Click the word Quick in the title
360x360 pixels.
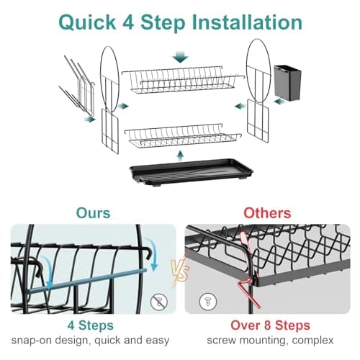87,23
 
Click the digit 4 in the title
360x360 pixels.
128,22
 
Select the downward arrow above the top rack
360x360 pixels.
180,57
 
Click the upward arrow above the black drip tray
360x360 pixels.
181,155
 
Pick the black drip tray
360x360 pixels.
191,172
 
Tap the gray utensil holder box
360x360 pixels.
287,82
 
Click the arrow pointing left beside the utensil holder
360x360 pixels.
280,102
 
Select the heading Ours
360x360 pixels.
93,213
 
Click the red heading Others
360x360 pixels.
267,213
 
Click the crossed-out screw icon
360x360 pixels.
159,302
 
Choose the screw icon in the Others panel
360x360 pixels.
208,302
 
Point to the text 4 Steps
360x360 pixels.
91,325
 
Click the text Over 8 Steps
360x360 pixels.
270,325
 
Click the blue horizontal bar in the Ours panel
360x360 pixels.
86,281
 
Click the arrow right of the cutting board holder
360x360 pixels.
90,119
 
